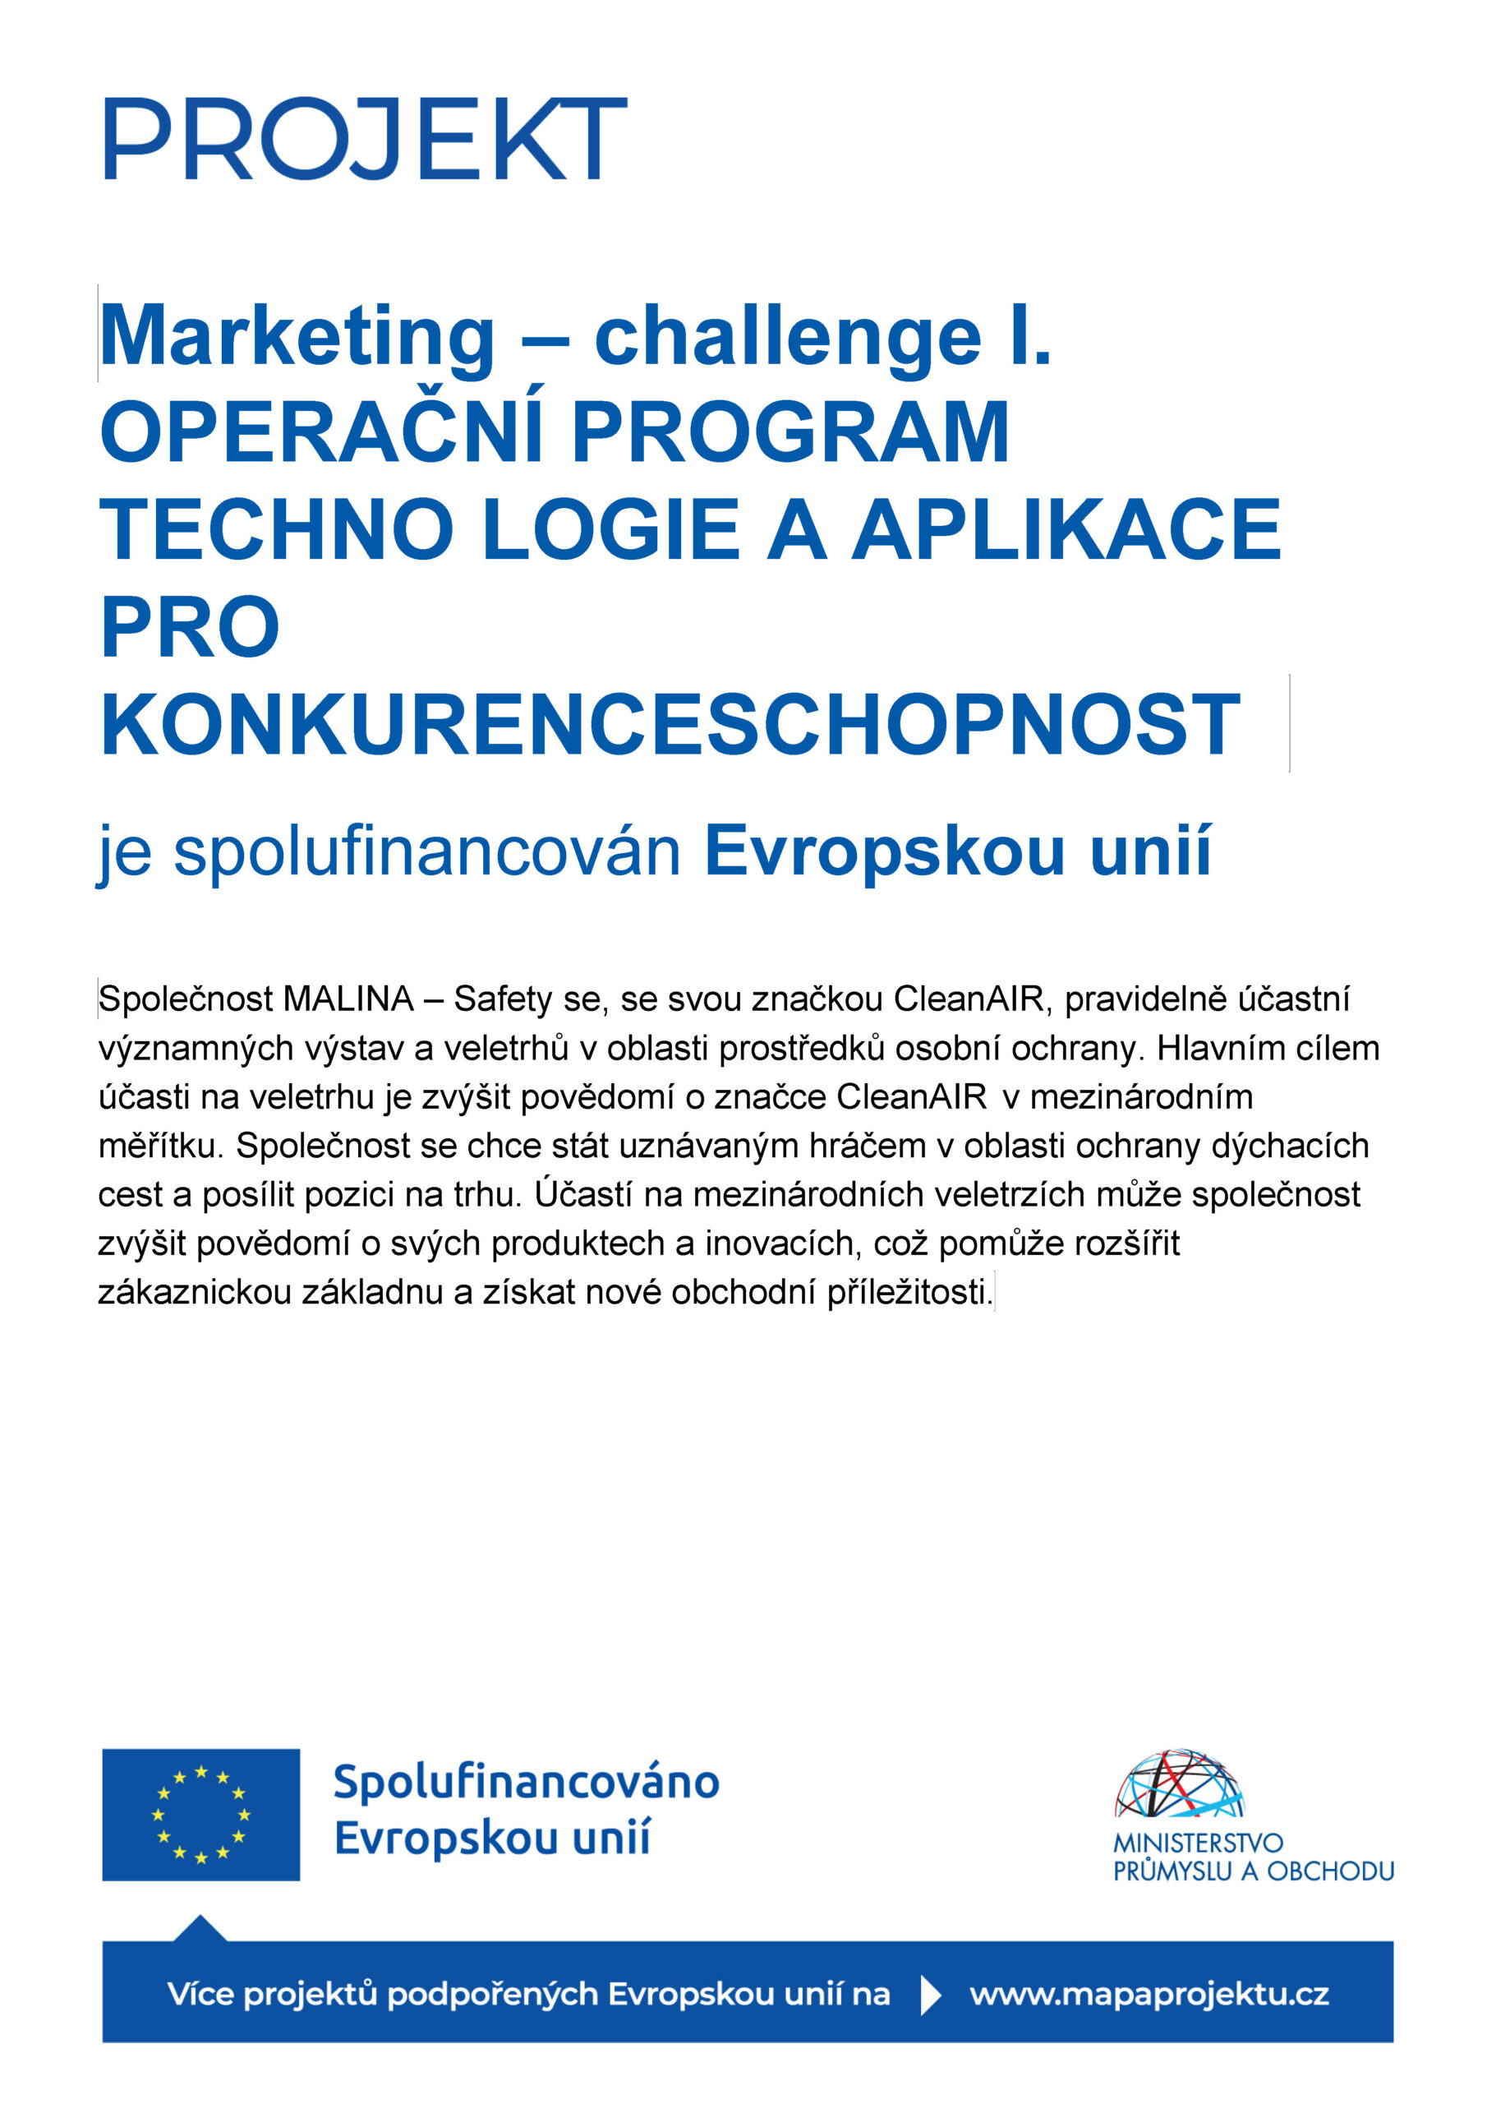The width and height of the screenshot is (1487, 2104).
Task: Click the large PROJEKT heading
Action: point(365,139)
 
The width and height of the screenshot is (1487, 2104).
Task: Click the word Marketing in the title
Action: point(297,337)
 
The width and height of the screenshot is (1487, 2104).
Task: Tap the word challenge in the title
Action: point(788,337)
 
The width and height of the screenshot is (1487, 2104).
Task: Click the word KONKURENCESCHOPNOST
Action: point(670,723)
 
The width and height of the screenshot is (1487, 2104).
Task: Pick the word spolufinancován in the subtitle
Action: point(427,851)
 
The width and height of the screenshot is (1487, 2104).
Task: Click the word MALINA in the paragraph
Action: point(348,999)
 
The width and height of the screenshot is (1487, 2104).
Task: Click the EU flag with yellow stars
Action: point(200,1815)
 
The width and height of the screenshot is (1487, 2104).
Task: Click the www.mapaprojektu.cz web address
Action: point(1149,1994)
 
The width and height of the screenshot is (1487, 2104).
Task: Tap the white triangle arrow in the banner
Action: point(930,1995)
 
